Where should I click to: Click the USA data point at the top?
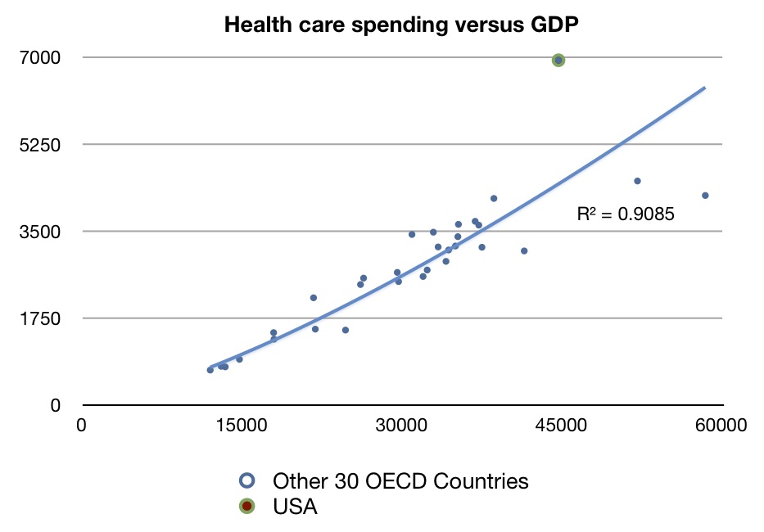pyautogui.click(x=558, y=60)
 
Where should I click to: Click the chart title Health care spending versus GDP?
pyautogui.click(x=401, y=25)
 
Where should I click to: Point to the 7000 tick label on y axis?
pyautogui.click(x=47, y=57)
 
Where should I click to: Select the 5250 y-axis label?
pyautogui.click(x=47, y=145)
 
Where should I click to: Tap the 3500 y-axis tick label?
pyautogui.click(x=47, y=232)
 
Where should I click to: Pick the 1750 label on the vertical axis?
pyautogui.click(x=47, y=318)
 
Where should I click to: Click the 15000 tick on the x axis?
pyautogui.click(x=242, y=426)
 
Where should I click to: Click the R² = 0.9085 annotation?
pyautogui.click(x=626, y=214)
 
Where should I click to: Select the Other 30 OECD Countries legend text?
pyautogui.click(x=400, y=480)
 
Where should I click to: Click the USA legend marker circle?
pyautogui.click(x=246, y=507)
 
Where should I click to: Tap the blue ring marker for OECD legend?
pyautogui.click(x=246, y=480)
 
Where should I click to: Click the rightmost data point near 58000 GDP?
pyautogui.click(x=705, y=195)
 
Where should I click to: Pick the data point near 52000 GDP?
pyautogui.click(x=637, y=181)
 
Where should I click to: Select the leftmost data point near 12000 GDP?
pyautogui.click(x=210, y=370)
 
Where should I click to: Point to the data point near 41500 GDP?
pyautogui.click(x=524, y=250)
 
